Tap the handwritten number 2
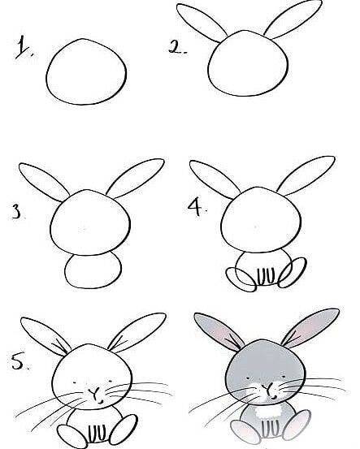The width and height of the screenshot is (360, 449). [x=177, y=47]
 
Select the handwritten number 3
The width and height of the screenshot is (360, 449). [x=17, y=212]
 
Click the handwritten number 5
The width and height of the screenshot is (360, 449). [x=20, y=361]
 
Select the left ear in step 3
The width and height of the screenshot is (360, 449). [x=44, y=182]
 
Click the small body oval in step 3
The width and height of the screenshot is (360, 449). [x=93, y=270]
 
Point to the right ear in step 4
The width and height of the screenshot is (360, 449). [x=306, y=175]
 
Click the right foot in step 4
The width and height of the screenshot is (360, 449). [x=293, y=273]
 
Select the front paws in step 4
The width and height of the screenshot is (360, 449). [x=267, y=277]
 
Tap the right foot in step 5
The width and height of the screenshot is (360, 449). [x=124, y=430]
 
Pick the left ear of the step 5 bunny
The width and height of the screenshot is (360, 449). [x=46, y=336]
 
